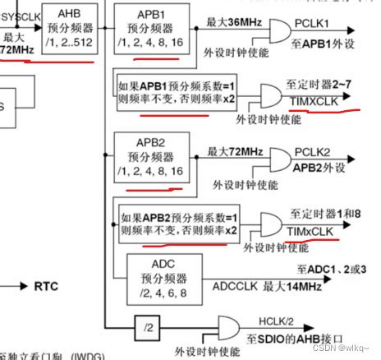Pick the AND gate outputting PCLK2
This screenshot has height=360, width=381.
(x=276, y=159)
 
